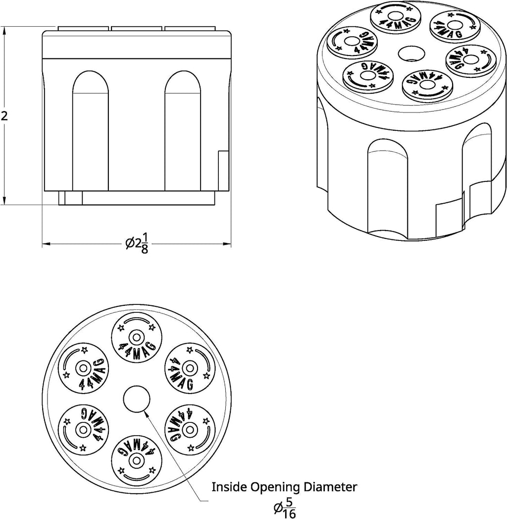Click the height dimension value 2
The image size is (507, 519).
click(x=5, y=116)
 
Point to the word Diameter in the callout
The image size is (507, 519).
click(x=332, y=487)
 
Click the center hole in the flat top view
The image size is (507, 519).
click(x=136, y=400)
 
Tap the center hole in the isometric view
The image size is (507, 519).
click(x=410, y=53)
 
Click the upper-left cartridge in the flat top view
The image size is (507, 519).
click(x=83, y=368)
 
